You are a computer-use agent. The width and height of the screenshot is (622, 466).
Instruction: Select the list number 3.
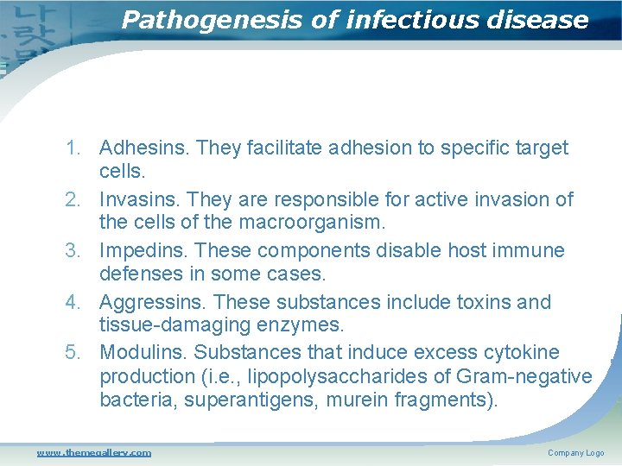point(73,251)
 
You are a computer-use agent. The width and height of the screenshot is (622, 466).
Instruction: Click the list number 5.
point(73,353)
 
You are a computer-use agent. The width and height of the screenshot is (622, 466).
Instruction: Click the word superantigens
point(250,400)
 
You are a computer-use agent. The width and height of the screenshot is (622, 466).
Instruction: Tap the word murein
point(357,400)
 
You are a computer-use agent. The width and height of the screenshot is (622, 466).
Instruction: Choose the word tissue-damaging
point(172,325)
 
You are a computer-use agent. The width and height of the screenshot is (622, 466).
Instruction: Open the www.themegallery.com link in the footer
point(93,452)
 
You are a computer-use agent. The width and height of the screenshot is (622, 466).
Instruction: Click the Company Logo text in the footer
point(575,453)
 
